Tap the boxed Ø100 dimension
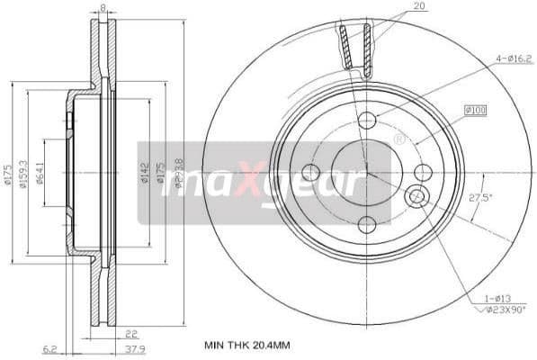[x=474, y=110]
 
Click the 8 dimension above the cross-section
[x=103, y=7]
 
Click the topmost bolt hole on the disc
[x=366, y=121]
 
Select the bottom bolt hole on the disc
[x=366, y=225]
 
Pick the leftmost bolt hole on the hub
[x=311, y=173]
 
